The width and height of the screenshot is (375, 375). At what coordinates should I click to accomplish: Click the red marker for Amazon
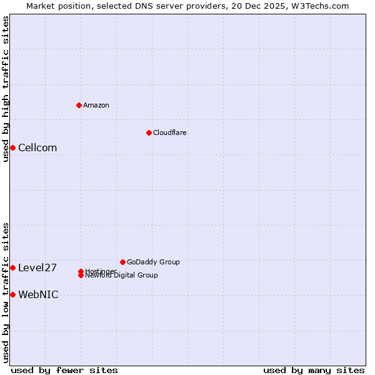click(x=79, y=105)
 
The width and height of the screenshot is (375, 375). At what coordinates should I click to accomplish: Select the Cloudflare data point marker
click(x=149, y=132)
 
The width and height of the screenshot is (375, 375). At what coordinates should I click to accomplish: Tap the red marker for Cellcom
click(x=12, y=147)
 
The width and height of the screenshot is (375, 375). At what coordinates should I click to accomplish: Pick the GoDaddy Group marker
click(x=122, y=262)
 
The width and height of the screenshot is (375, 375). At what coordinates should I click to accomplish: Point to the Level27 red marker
click(x=12, y=267)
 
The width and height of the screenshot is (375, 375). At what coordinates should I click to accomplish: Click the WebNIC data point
click(x=12, y=294)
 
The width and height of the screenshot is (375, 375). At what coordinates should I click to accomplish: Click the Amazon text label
click(x=96, y=105)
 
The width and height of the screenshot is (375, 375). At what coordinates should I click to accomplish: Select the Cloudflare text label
click(x=170, y=132)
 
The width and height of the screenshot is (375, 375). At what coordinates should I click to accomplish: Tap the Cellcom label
click(x=37, y=147)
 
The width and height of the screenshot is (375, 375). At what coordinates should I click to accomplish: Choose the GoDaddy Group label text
click(x=153, y=262)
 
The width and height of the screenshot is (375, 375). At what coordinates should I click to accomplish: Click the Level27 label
click(x=37, y=267)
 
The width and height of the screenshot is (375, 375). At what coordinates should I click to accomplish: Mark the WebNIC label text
click(x=38, y=294)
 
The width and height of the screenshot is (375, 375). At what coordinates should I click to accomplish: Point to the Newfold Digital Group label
click(x=122, y=275)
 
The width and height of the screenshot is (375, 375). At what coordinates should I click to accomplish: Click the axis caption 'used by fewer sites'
click(x=64, y=370)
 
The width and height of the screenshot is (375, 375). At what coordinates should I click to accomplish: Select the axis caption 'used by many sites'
click(x=314, y=370)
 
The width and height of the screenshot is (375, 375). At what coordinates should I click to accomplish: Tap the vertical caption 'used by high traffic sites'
click(x=6, y=89)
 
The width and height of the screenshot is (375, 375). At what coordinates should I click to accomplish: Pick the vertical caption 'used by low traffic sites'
click(x=6, y=292)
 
